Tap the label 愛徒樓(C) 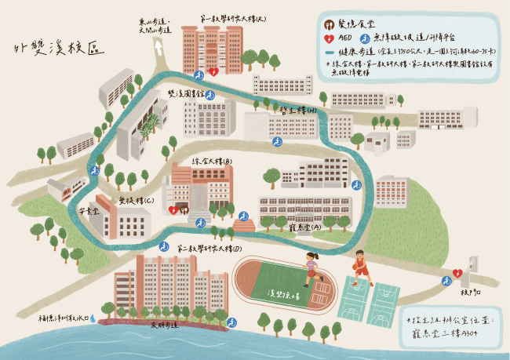click(137, 201)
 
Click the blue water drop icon click(93, 318)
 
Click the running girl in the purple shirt click(311, 267)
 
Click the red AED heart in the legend click(330, 37)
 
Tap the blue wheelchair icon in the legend click(363, 37)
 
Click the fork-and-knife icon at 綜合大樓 click(183, 209)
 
